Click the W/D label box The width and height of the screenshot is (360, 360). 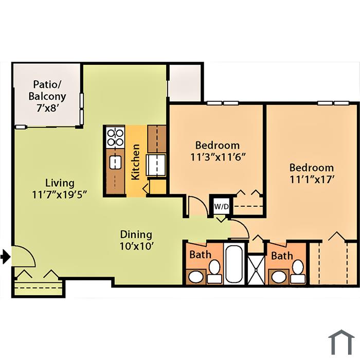point(221,206)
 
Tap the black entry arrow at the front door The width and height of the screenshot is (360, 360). point(6,256)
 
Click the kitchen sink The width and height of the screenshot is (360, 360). point(115,163)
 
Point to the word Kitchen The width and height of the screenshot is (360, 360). point(135,162)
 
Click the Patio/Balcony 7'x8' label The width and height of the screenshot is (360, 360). point(47,96)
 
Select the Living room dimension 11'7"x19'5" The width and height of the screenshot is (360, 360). point(60,195)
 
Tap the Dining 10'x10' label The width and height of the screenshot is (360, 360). point(136,240)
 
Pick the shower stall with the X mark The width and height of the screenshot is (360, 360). point(257,269)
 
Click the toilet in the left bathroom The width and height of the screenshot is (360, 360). point(214,272)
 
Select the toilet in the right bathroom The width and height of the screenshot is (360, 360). point(298,272)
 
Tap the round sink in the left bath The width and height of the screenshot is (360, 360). point(195,277)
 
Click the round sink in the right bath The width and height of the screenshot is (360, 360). point(279,277)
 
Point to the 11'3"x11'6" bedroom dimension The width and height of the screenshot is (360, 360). point(218,157)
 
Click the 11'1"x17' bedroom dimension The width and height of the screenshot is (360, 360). point(312,179)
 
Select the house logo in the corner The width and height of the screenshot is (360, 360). point(341,342)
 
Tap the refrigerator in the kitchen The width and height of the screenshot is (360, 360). point(156,165)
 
